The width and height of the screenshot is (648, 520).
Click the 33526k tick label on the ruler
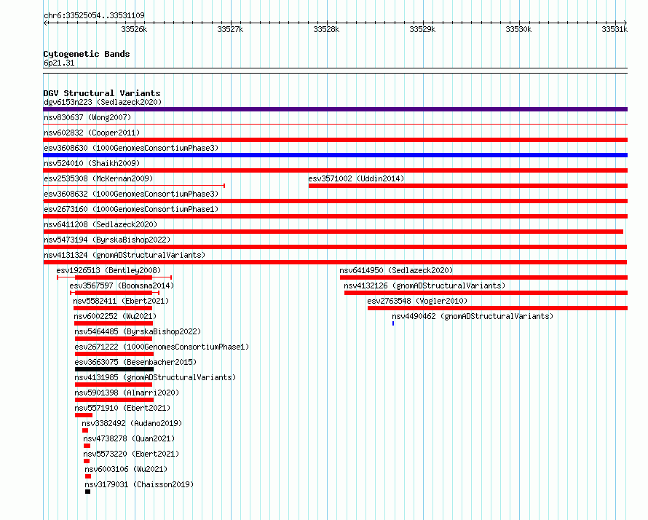(134, 29)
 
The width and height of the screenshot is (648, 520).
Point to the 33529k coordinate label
(422, 29)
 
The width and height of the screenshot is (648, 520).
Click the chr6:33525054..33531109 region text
(94, 15)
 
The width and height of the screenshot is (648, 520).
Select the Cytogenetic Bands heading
(87, 54)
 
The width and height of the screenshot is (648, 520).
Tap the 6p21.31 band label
(59, 63)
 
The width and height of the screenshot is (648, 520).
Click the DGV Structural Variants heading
(102, 93)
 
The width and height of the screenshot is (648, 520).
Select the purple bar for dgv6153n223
(335, 109)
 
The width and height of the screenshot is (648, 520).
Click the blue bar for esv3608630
(335, 155)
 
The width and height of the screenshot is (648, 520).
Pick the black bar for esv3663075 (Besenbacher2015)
(114, 369)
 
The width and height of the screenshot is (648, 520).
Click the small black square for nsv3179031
(87, 492)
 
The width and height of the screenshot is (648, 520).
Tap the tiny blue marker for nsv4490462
(393, 323)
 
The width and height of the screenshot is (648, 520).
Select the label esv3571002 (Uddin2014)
(356, 178)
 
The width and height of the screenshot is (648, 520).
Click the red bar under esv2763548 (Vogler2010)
(497, 308)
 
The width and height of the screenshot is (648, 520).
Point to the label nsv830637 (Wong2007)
(87, 117)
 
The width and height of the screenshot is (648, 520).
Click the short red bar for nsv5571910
(84, 415)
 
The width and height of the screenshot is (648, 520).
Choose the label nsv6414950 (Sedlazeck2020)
(396, 270)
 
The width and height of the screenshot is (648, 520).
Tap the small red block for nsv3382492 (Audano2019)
(85, 430)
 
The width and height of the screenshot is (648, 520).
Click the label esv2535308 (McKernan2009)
(98, 178)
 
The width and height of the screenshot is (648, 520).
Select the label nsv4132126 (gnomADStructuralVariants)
(424, 285)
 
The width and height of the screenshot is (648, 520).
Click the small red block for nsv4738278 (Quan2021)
(87, 446)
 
